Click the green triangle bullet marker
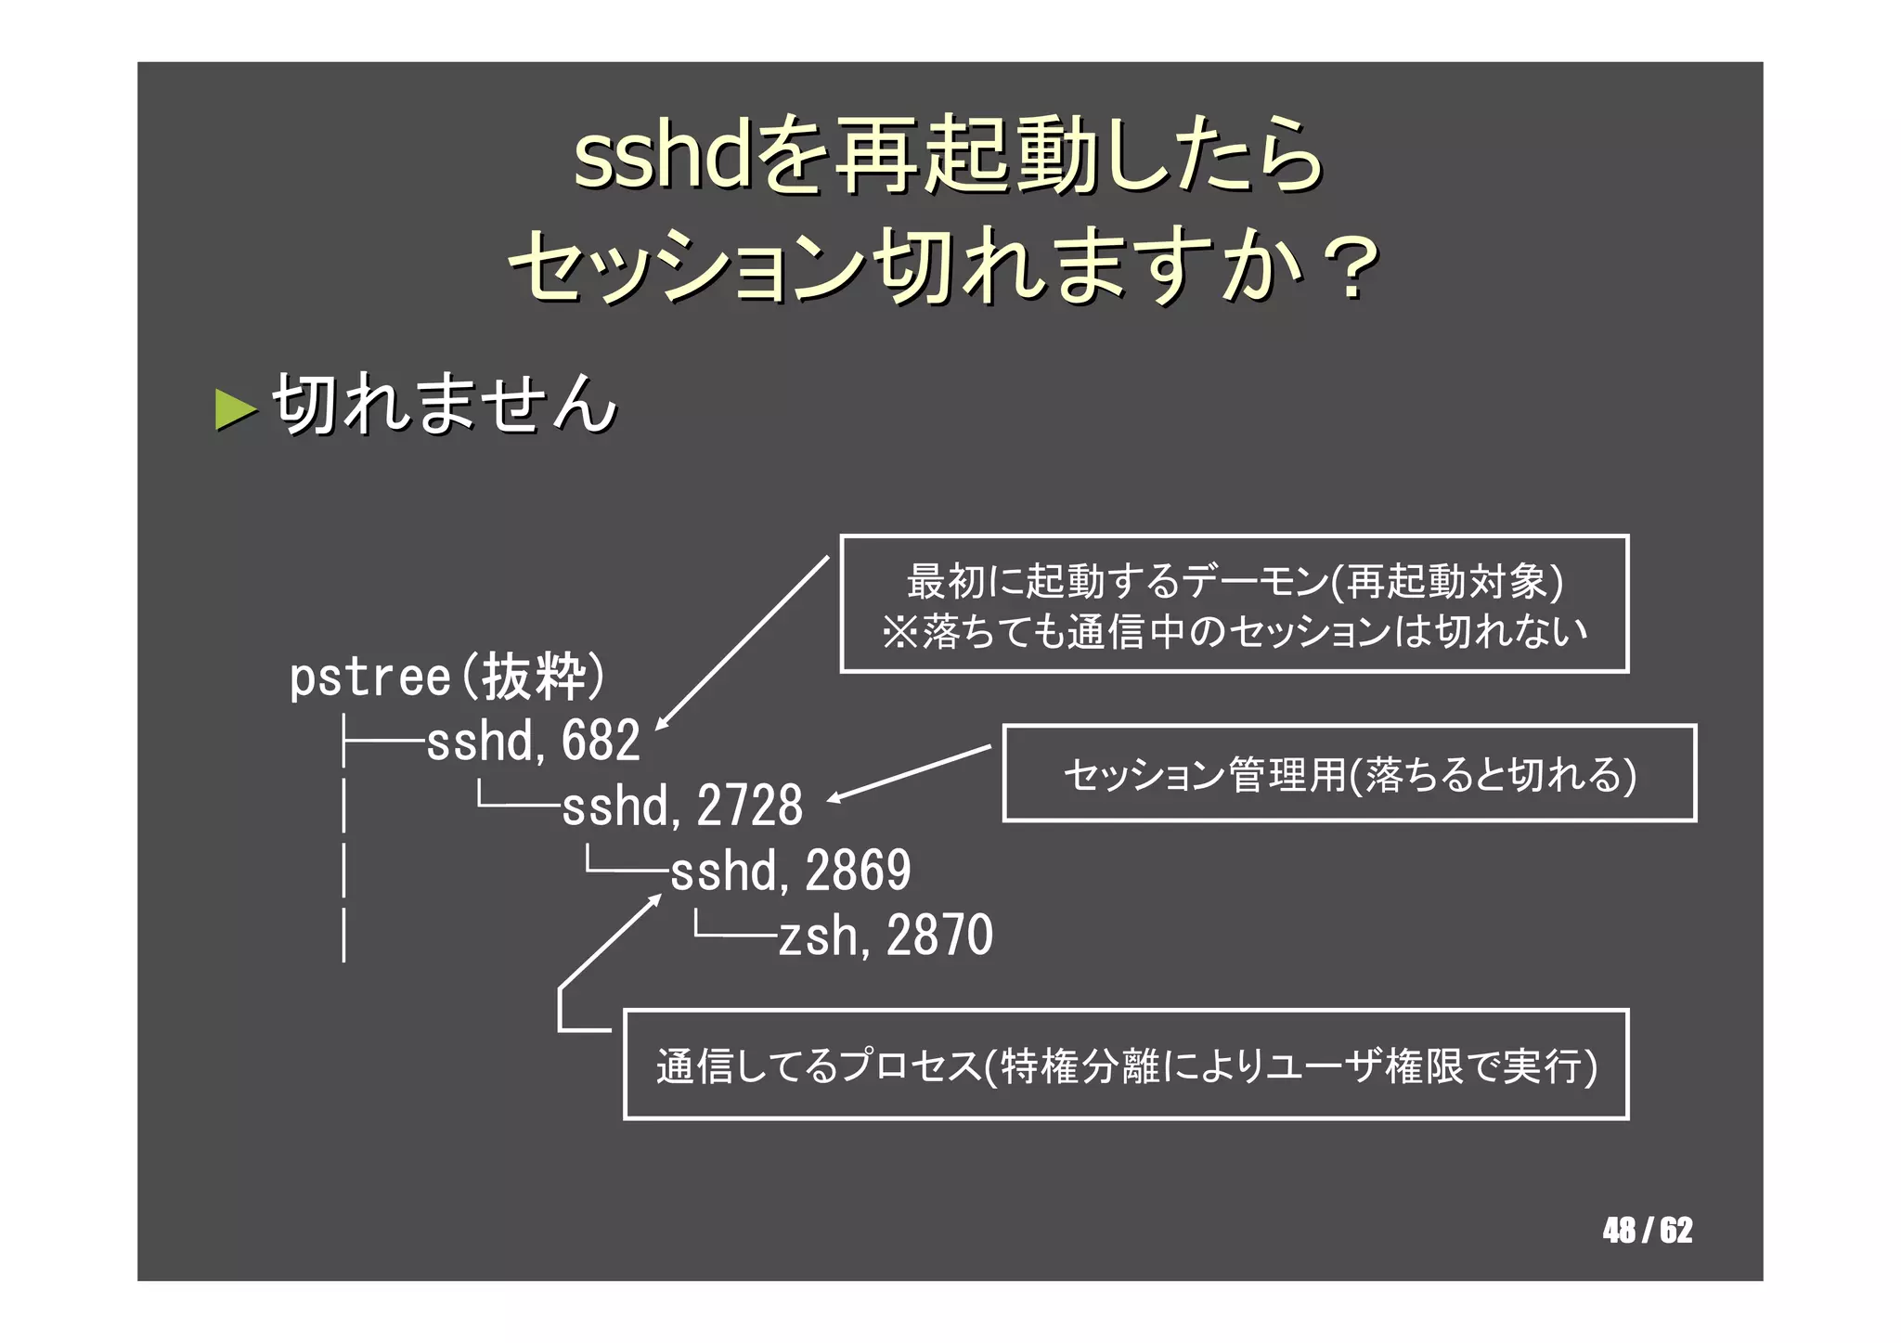pos(236,409)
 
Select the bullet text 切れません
pos(445,405)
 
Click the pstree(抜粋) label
pos(446,677)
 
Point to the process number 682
pos(601,742)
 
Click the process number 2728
pos(749,806)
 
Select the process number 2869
pos(858,871)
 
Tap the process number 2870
pos(939,936)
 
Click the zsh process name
pos(817,936)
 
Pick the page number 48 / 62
pos(1647,1231)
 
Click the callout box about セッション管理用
pos(1349,774)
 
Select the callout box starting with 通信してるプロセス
pos(1125,1065)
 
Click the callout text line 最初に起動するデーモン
pos(1234,582)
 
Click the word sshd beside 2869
pos(723,871)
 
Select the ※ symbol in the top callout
pos(899,632)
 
